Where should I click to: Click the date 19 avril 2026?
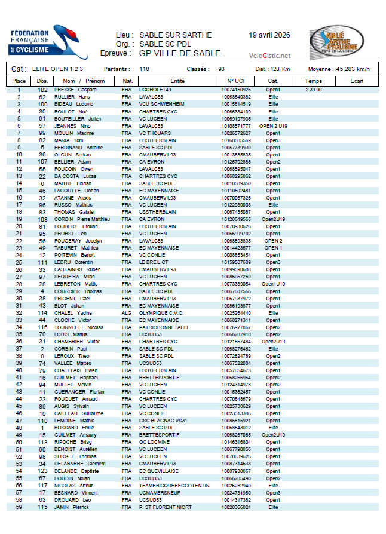point(269,35)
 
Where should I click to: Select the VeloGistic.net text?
point(270,56)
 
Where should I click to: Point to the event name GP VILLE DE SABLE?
point(180,53)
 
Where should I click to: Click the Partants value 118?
point(144,69)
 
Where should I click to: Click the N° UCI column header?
point(236,81)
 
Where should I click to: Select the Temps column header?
point(313,81)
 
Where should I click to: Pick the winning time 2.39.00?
point(313,90)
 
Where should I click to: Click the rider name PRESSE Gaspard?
point(75,90)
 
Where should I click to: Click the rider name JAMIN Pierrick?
point(72,507)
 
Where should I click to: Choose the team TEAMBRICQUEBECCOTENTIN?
point(172,485)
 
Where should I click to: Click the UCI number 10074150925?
point(236,90)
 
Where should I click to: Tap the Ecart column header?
point(357,81)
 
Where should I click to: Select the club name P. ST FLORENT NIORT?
point(165,507)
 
